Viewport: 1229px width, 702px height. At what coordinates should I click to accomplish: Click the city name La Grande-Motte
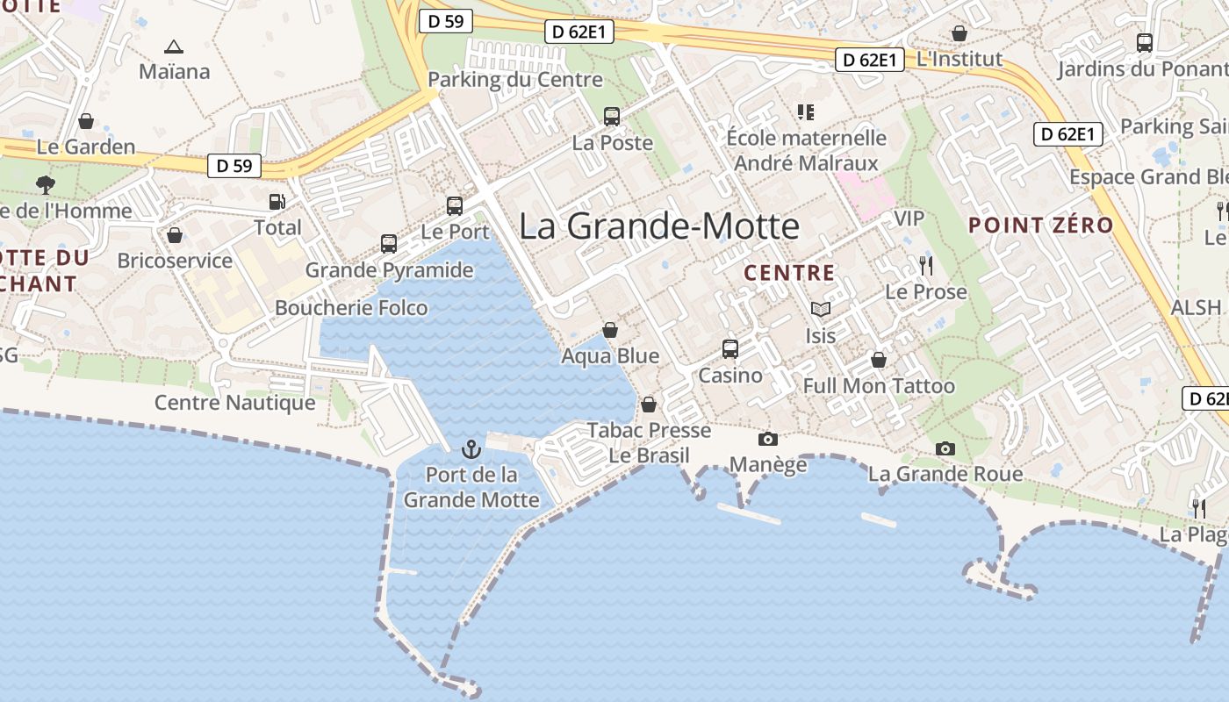pos(658,226)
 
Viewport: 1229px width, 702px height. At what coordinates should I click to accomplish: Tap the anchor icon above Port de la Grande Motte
pos(471,450)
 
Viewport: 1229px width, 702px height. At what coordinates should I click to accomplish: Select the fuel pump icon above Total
pos(277,202)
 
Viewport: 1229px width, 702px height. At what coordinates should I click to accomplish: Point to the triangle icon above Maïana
pos(174,47)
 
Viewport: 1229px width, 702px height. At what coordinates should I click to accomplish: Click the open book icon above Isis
pos(820,310)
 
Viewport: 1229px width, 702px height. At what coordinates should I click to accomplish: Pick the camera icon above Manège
pos(767,439)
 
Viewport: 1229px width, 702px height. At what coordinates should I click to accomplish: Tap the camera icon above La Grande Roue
pos(945,448)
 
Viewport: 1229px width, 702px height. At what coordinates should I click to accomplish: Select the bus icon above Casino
pos(729,349)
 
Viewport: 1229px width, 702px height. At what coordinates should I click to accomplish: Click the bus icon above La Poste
pos(612,116)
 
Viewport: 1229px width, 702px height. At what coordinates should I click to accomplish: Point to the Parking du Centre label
pos(515,80)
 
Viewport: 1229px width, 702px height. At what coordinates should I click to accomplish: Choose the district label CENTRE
pos(789,273)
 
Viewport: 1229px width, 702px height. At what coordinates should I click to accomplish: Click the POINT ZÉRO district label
pos(1040,225)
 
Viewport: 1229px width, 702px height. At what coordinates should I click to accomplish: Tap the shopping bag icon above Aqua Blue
pos(610,330)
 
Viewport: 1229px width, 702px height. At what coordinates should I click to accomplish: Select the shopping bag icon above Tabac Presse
pos(649,405)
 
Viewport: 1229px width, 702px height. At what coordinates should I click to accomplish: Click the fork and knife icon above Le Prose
pos(926,265)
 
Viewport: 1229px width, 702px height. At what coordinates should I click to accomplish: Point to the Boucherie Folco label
pos(351,308)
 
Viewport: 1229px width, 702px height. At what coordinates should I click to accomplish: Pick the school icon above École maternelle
pos(805,111)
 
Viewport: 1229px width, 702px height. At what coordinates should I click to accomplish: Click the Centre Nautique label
pos(234,403)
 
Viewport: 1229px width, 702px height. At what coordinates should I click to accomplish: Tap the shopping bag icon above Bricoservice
pos(175,235)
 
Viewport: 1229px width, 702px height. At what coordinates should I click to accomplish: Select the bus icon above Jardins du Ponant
pos(1144,42)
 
